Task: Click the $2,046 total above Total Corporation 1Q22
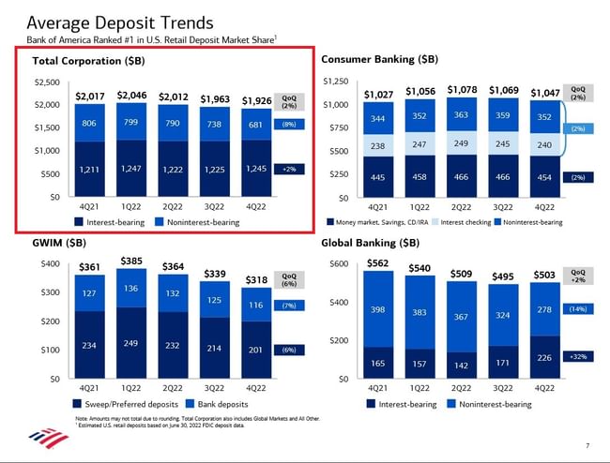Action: pos(131,96)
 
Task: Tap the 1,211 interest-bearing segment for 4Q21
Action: pos(90,169)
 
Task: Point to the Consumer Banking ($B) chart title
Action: pos(379,59)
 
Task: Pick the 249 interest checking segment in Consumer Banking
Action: pos(461,143)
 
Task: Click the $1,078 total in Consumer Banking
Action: pos(461,90)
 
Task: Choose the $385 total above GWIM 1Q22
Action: pos(131,260)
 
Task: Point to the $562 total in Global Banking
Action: pos(378,262)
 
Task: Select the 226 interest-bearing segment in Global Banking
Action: pos(544,356)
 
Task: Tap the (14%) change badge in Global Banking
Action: pos(577,308)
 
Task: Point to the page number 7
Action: pos(587,444)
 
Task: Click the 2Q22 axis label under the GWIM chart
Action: pos(173,387)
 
